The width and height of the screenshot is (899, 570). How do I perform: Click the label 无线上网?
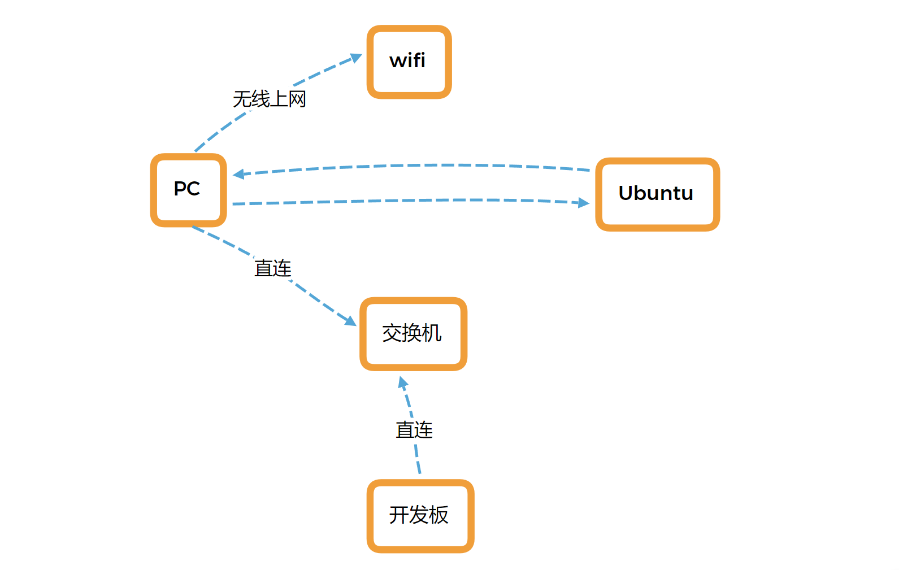tap(270, 99)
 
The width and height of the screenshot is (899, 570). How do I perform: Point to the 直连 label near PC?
tap(273, 268)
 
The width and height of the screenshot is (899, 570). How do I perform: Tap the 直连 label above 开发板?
tap(414, 430)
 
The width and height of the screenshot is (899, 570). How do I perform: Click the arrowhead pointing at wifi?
tap(356, 58)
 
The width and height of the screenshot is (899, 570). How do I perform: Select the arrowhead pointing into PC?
tap(238, 174)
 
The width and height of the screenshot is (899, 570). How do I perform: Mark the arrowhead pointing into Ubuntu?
tap(584, 202)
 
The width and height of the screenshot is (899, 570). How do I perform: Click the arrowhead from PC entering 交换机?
tap(351, 321)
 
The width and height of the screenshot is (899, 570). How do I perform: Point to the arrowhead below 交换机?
tap(403, 382)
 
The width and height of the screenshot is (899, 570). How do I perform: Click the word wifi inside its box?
tap(407, 60)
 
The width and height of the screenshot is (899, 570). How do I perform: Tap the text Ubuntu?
tap(655, 193)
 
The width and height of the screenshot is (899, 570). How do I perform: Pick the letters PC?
tap(187, 189)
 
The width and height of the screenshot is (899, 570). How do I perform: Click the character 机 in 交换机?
tap(432, 333)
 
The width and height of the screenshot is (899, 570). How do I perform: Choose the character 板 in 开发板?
tap(438, 515)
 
